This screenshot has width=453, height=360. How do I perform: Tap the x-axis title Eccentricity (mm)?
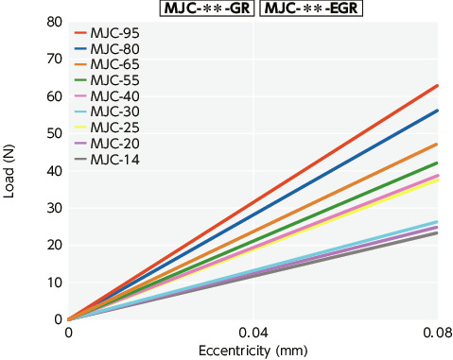pos(252,351)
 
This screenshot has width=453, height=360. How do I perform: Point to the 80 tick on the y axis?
pos(51,21)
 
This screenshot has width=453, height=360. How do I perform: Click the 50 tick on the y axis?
pos(51,133)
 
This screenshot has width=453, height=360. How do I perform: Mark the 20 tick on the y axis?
pos(51,245)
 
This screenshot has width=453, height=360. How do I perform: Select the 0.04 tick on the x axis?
pos(252,334)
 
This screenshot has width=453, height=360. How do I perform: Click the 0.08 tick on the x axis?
pos(437,334)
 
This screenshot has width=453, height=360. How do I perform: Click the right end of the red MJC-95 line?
pos(437,85)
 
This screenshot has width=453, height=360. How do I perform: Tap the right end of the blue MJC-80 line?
pos(437,111)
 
